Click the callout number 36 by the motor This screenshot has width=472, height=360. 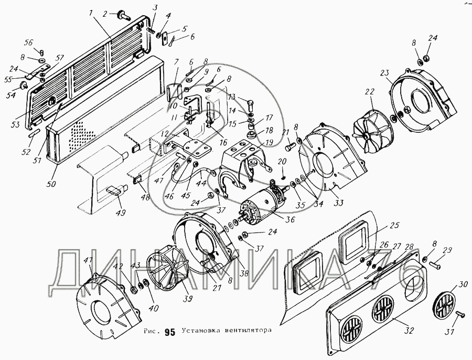[x=290, y=219]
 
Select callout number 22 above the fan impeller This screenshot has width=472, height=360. [x=370, y=92]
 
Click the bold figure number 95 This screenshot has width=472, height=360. [x=170, y=332]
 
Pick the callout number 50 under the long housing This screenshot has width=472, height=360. [x=51, y=183]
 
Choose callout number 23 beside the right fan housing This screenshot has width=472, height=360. [x=384, y=72]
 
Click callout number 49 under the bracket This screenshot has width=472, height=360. [x=121, y=213]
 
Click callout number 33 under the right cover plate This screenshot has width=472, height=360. [x=338, y=203]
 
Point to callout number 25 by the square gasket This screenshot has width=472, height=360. [x=394, y=225]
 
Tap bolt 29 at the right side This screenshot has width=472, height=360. [x=434, y=266]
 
